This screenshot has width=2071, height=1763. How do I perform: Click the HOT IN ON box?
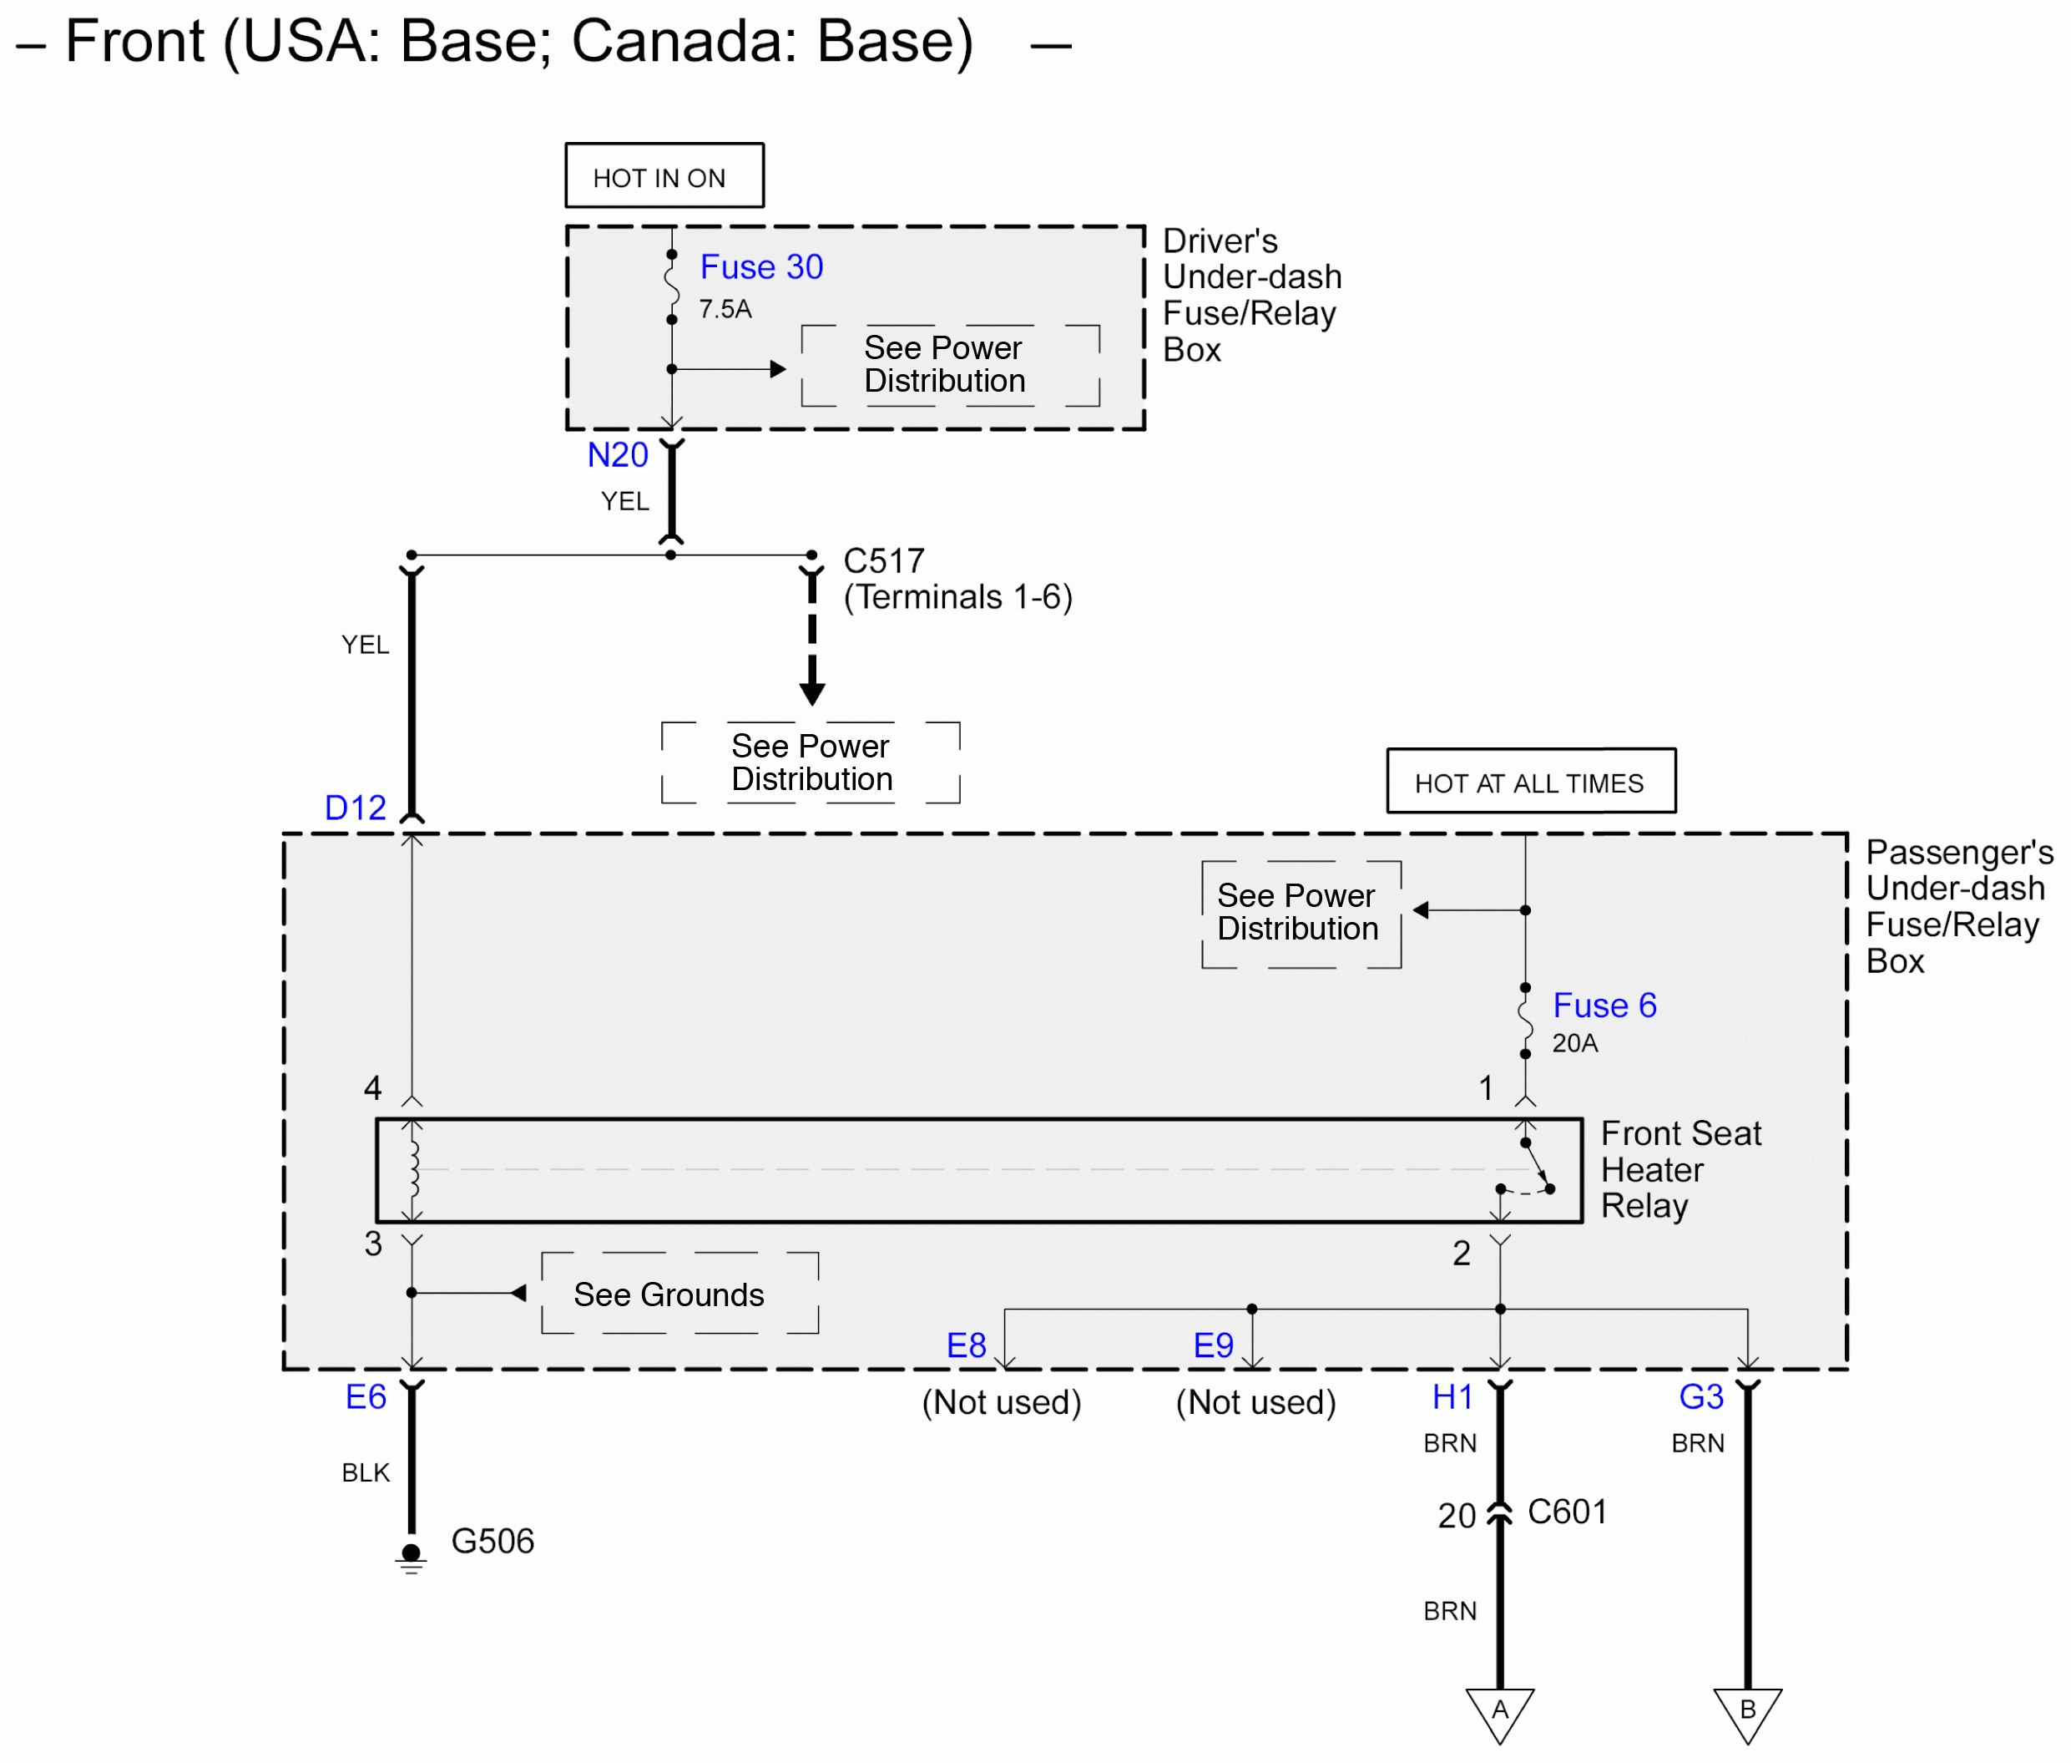click(x=664, y=176)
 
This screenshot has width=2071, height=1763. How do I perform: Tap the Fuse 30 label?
click(x=761, y=267)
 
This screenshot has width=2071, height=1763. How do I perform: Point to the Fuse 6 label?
click(x=1604, y=1005)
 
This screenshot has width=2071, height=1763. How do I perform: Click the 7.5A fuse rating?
click(x=725, y=309)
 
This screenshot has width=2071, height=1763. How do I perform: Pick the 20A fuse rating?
click(x=1574, y=1042)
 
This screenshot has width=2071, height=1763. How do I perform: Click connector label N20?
click(x=618, y=455)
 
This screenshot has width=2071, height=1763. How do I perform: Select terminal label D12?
click(x=355, y=808)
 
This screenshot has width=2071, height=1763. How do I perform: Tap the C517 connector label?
click(x=883, y=560)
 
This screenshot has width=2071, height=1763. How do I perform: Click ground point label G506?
click(x=492, y=1540)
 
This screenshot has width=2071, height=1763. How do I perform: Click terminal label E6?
click(x=366, y=1396)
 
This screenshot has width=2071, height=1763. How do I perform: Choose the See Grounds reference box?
click(x=679, y=1294)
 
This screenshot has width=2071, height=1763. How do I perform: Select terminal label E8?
click(x=966, y=1345)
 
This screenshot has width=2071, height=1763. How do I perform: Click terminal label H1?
click(x=1452, y=1396)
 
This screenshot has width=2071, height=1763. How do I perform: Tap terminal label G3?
click(x=1700, y=1396)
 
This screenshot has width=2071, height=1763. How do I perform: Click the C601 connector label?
click(x=1567, y=1511)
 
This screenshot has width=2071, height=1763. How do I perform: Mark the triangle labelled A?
click(x=1499, y=1711)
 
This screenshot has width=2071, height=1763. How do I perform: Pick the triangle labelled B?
click(x=1747, y=1711)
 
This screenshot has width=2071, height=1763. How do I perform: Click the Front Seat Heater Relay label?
click(x=1680, y=1169)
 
